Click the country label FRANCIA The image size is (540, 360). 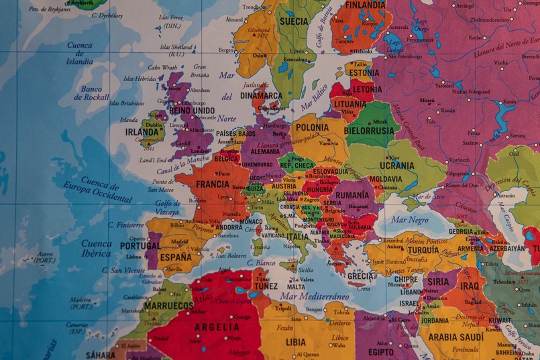(x=213, y=184)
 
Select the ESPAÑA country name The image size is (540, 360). (x=175, y=257)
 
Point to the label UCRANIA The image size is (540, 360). (x=397, y=165)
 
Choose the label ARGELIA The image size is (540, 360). (x=216, y=327)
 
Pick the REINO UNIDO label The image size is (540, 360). (x=193, y=111)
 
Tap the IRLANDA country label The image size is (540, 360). (x=142, y=132)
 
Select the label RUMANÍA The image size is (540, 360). (x=352, y=195)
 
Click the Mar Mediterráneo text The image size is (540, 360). (x=315, y=296)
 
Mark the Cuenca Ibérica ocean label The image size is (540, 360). (x=97, y=248)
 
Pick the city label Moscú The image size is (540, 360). (x=427, y=100)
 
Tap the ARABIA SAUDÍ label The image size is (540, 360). (x=455, y=337)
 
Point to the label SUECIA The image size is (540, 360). (x=293, y=21)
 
